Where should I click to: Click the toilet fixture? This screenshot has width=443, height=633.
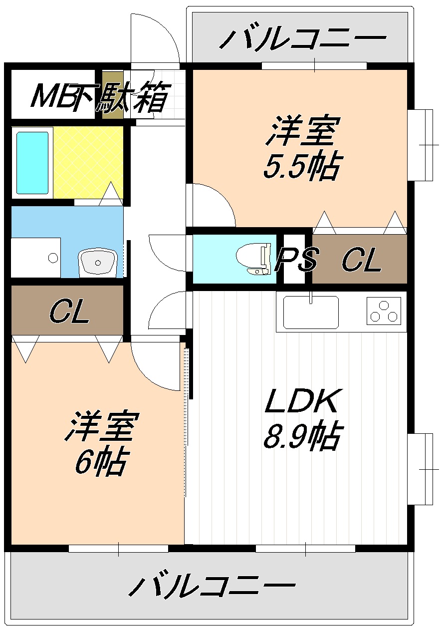click(x=253, y=259)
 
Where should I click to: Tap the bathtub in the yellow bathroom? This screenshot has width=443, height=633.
click(x=32, y=163)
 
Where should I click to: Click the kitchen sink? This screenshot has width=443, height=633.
click(x=311, y=313)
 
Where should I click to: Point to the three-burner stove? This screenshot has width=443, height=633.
click(x=384, y=311)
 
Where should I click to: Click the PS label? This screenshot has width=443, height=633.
click(x=296, y=259)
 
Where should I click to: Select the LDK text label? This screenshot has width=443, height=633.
click(x=301, y=401)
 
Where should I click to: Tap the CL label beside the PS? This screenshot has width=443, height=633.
click(x=362, y=259)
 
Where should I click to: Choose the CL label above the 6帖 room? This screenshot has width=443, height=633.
click(x=69, y=311)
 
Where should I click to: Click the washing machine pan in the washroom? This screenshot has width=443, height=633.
click(x=35, y=258)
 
